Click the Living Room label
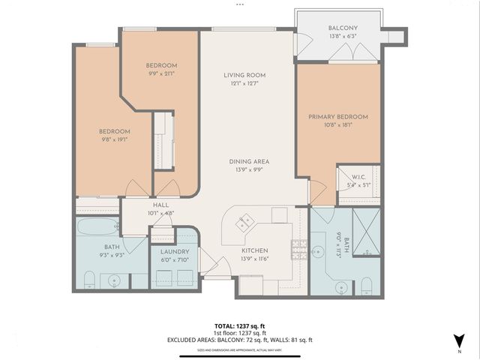[244, 75]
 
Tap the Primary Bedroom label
[338, 117]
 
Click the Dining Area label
[250, 161]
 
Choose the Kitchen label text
[255, 250]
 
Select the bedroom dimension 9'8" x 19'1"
[115, 139]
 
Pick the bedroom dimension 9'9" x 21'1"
[161, 73]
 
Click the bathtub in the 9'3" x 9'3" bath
[97, 226]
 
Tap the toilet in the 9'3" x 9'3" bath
[88, 280]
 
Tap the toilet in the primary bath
[366, 285]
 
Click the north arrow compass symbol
[457, 340]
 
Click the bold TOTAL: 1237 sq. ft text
[241, 325]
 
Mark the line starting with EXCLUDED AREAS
[240, 340]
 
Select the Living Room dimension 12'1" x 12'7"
[244, 84]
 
